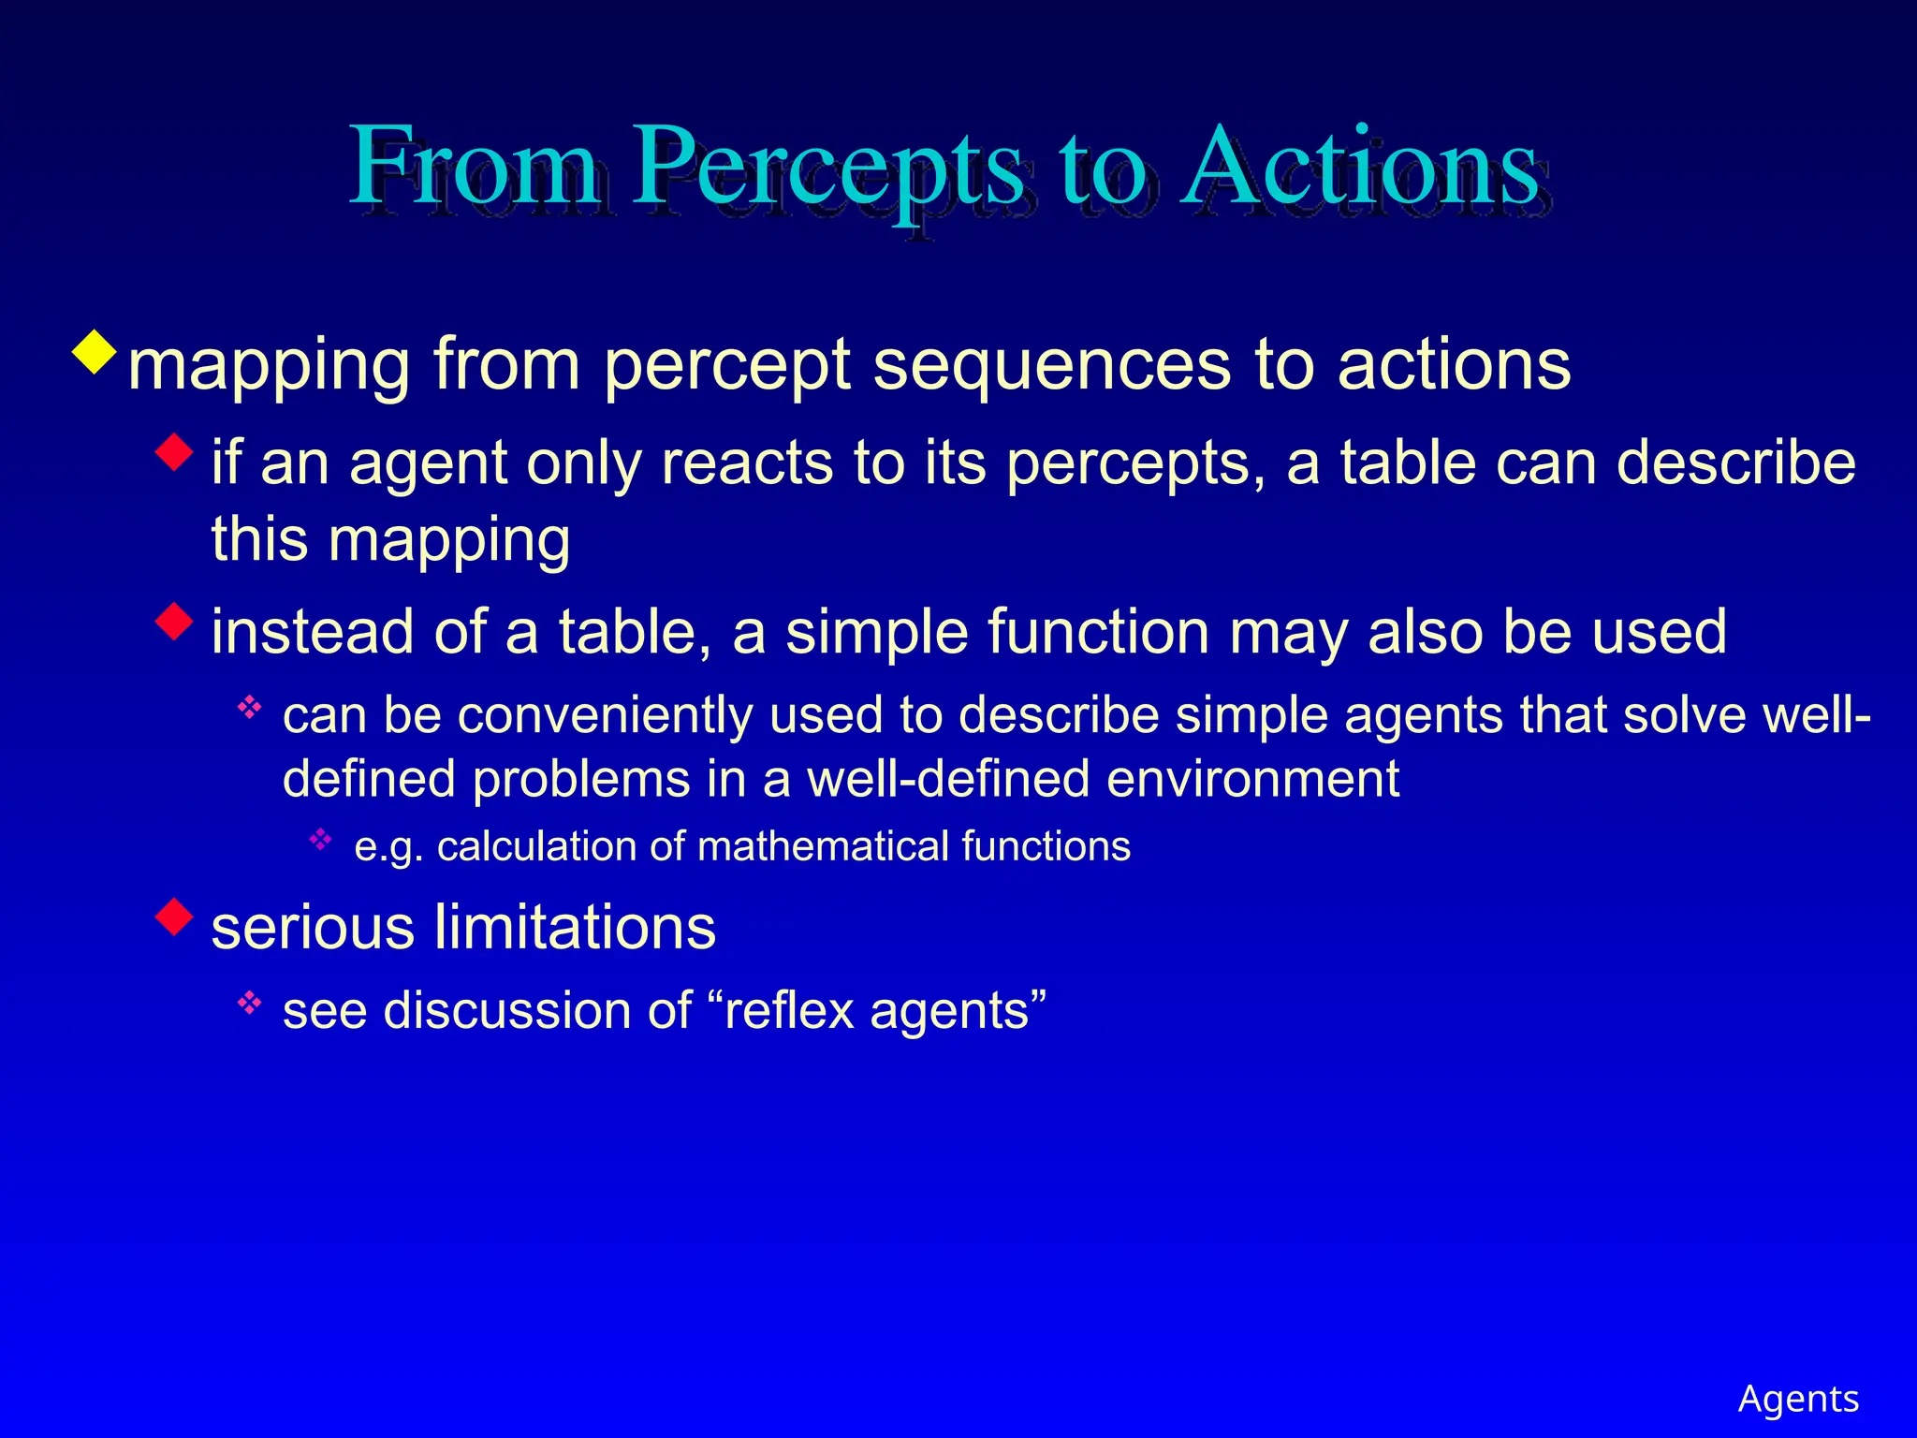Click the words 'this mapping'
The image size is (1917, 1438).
pos(390,540)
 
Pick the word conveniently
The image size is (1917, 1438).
pos(605,716)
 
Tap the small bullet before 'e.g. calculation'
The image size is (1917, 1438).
pos(320,839)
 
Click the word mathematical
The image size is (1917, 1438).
pos(822,847)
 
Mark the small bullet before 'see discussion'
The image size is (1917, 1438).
pos(249,1004)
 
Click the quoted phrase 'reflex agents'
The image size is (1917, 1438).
pos(885,1012)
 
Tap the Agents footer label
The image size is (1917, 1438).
pos(1798,1399)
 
